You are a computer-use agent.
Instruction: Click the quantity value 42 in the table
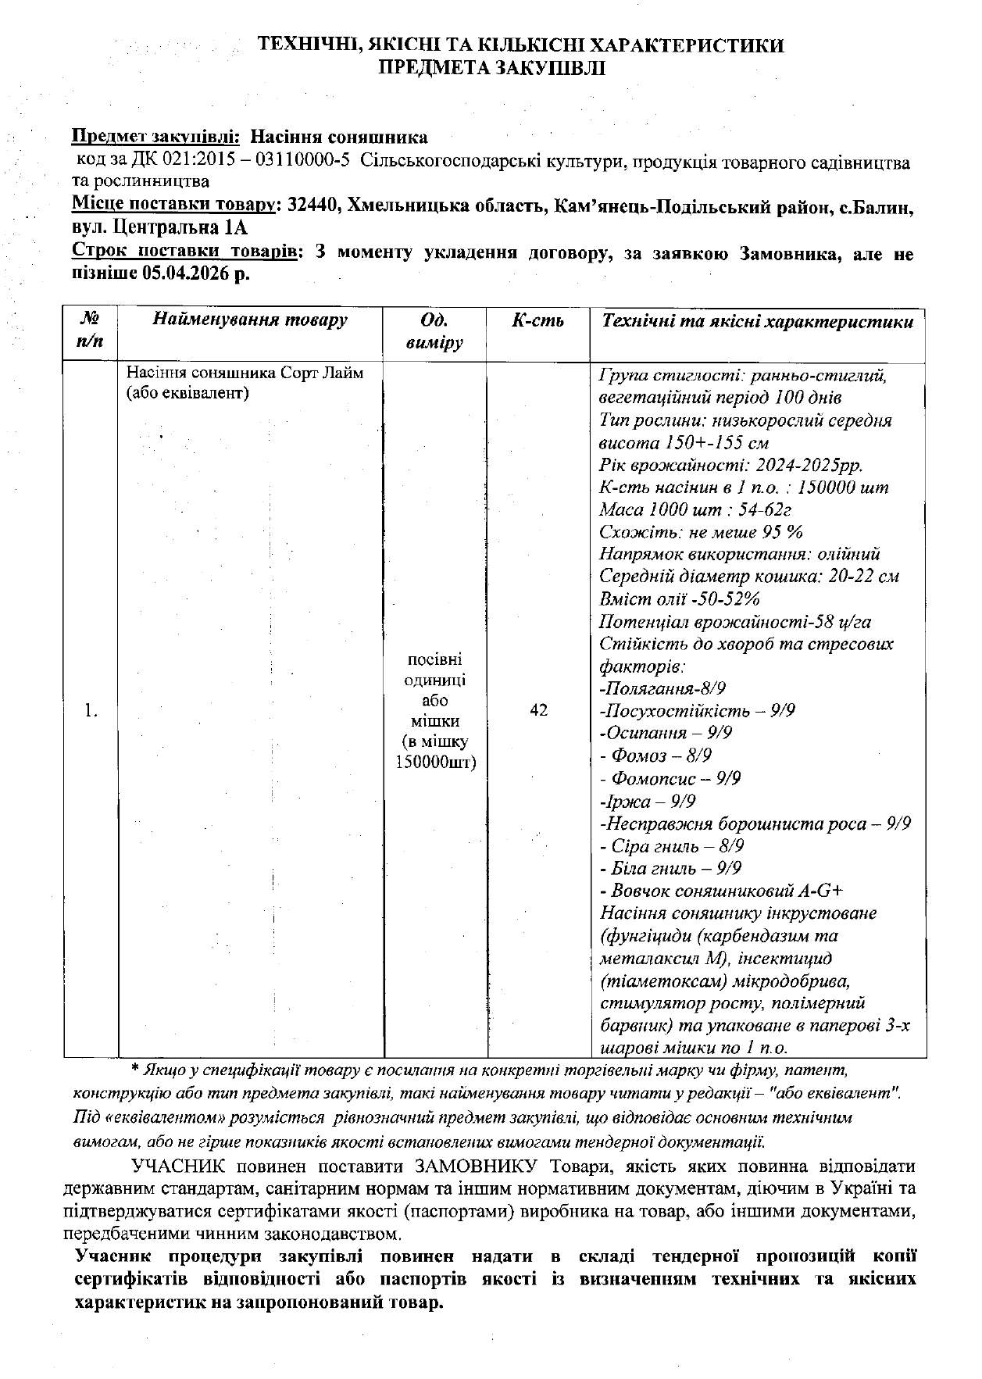(x=538, y=710)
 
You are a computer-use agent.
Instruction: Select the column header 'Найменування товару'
(x=250, y=320)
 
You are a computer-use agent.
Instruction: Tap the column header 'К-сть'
(x=537, y=320)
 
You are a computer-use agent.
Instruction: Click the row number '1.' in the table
(x=91, y=710)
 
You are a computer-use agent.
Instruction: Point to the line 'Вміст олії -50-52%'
(x=680, y=599)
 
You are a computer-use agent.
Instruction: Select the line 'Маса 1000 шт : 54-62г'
(x=684, y=510)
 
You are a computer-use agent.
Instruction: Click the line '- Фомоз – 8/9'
(x=655, y=756)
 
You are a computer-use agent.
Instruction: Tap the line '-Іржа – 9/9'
(x=648, y=801)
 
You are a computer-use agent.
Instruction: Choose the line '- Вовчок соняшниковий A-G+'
(x=721, y=891)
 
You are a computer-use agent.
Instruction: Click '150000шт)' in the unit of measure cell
(x=435, y=762)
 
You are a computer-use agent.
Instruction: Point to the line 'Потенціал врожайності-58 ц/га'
(x=735, y=622)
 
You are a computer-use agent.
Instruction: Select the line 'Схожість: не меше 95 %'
(x=701, y=532)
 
